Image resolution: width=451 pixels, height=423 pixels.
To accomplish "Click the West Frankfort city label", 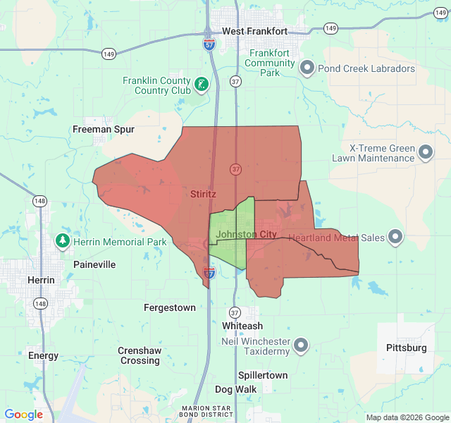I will [254, 31].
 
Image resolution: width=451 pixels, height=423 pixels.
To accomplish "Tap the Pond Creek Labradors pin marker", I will [307, 68].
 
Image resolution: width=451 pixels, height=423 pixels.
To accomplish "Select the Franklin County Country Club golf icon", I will [202, 85].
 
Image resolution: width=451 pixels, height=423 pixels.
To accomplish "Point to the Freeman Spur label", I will [104, 129].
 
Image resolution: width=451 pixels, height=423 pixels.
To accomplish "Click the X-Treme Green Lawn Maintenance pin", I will [426, 152].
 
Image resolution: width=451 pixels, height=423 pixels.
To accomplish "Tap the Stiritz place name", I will [203, 193].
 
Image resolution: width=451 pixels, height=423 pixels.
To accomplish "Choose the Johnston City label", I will [247, 234].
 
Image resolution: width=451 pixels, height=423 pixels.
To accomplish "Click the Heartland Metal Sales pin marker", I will [395, 237].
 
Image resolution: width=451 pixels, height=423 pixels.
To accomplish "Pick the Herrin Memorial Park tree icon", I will [63, 242].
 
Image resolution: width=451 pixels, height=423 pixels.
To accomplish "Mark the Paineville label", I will [94, 264].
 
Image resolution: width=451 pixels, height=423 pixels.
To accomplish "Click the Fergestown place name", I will [170, 307].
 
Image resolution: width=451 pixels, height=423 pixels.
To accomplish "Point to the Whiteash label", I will [242, 326].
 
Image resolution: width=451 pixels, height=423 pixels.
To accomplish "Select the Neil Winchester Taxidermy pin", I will [301, 345].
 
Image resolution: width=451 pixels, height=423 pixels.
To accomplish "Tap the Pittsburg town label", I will [407, 348].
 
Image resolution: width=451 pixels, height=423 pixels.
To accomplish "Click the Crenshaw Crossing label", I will [140, 355].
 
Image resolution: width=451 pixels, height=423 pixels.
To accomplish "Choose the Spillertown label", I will [263, 375].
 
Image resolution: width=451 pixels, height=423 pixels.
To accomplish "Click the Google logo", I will [24, 415].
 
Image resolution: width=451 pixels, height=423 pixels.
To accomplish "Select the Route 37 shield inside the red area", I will [235, 169].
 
